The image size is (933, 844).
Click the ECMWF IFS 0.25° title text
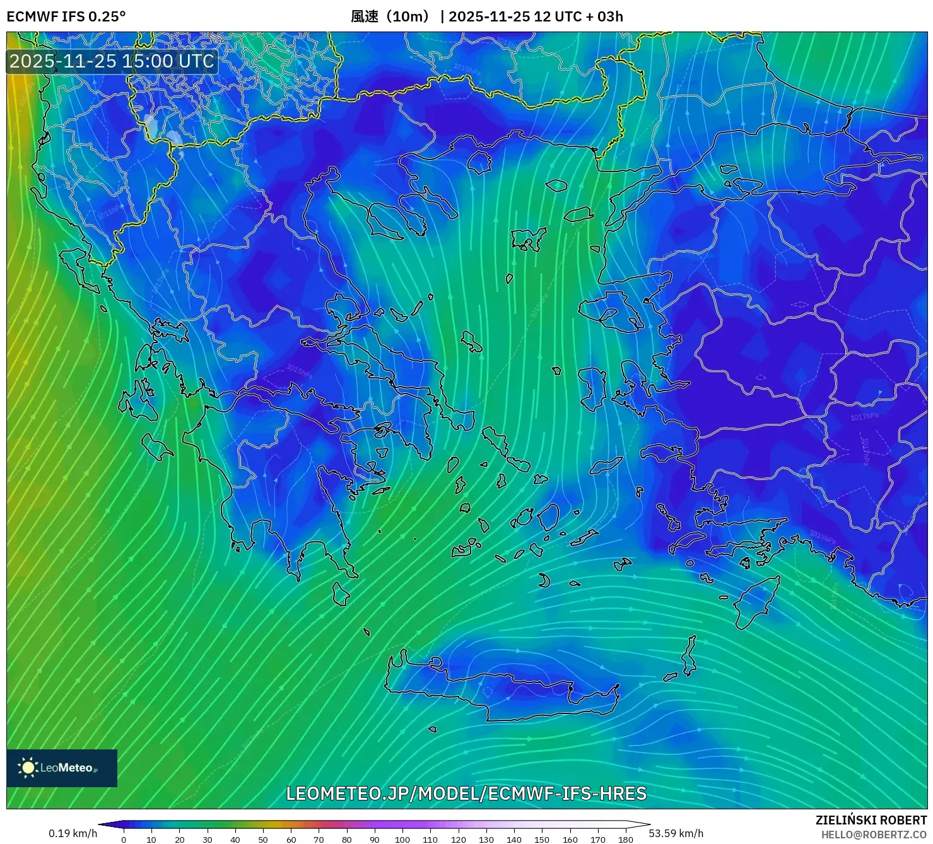point(66,16)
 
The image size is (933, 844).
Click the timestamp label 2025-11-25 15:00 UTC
point(112,61)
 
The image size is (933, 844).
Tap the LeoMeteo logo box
point(62,768)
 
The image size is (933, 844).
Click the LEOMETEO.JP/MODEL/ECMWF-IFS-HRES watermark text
point(466,794)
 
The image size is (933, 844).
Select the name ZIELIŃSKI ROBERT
point(871,820)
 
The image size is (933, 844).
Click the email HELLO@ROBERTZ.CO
point(874,835)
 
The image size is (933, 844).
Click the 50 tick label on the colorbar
point(263,840)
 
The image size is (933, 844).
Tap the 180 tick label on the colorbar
point(625,840)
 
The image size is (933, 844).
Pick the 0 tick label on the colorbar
point(124,840)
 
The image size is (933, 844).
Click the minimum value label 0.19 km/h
point(73,833)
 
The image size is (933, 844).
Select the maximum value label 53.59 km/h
point(676,833)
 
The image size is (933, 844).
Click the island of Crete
point(505,688)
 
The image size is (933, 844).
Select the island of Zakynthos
point(156,447)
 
